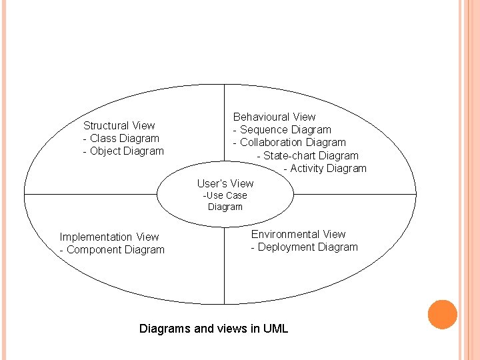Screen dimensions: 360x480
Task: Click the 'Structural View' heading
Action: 119,125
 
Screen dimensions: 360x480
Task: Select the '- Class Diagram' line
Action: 121,138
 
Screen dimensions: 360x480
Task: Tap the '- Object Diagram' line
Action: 123,151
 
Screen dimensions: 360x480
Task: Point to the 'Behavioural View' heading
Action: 274,117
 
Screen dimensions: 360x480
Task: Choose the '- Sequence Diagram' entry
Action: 281,130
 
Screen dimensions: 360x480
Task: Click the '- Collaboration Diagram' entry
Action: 289,143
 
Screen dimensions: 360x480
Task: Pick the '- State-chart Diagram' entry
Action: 307,155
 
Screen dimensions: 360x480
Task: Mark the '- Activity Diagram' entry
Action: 325,169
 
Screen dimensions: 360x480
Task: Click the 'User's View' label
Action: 225,183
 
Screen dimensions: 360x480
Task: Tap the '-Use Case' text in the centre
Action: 225,195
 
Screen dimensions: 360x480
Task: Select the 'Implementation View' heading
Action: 109,237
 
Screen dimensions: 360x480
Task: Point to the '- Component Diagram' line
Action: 112,249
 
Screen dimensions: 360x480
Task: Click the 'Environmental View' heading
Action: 298,234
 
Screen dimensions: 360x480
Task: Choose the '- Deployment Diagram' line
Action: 304,247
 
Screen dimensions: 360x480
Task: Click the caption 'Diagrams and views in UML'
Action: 213,328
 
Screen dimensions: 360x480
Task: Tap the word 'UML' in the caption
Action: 275,328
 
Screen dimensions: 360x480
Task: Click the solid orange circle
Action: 442,315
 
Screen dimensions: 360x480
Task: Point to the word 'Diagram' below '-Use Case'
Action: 225,207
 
